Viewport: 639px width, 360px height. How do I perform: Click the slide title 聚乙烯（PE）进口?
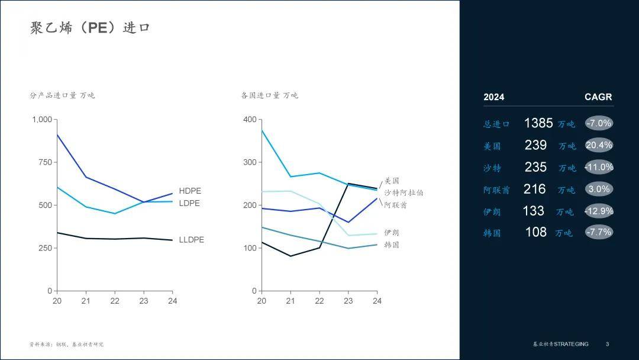90,28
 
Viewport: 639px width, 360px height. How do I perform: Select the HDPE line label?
190,191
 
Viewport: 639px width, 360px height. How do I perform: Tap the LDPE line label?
189,203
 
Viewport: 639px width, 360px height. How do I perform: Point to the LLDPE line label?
191,240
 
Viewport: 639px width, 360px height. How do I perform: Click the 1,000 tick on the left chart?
42,120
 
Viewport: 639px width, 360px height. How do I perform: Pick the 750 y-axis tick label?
45,162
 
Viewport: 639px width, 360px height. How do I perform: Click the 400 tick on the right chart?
250,120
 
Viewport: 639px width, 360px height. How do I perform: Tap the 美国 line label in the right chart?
392,181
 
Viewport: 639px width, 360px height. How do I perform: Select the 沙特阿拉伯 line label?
404,192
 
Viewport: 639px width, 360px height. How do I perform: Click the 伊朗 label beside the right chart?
392,233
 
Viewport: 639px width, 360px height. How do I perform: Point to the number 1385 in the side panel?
538,123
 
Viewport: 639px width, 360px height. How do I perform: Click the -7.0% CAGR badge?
599,123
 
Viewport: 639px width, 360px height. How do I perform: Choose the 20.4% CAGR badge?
599,145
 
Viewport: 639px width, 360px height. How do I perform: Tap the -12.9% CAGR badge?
599,211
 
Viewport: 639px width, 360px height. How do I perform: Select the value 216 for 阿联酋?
534,189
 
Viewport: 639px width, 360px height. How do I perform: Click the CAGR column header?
598,97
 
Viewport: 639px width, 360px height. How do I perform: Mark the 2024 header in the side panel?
494,97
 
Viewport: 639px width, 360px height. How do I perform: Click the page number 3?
607,344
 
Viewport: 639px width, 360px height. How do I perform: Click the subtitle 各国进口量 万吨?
269,95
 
